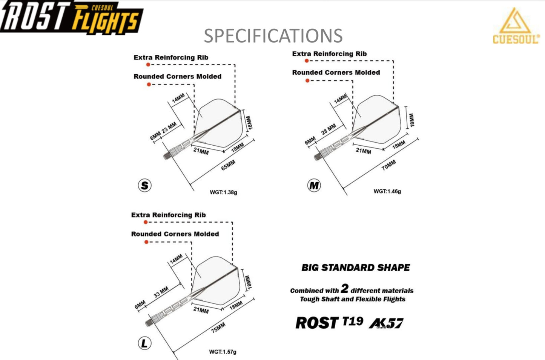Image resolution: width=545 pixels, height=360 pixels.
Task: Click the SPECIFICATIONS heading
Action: pos(273,36)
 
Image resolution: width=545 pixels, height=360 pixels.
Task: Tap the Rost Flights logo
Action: pos(71,18)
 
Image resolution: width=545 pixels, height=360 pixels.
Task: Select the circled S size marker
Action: pos(144,185)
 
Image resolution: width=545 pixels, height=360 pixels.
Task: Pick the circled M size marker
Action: pos(314,185)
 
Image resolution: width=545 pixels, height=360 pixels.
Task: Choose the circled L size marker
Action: pos(144,343)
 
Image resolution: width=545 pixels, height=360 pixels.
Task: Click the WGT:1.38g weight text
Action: pos(223,192)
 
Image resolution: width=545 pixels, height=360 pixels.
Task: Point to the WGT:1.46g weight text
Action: pos(387,191)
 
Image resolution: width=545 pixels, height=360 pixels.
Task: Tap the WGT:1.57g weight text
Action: pos(223,352)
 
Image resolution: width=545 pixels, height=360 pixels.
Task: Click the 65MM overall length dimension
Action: pos(228,165)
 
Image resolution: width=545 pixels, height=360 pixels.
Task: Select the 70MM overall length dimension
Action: pos(388,165)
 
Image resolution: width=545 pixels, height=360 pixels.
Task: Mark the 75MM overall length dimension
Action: pos(218,327)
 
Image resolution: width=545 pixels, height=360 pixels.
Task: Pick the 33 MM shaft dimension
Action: pos(161,292)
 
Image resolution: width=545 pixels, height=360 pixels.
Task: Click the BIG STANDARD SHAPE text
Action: pos(355,268)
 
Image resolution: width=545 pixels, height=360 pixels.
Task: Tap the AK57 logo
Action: pos(386,323)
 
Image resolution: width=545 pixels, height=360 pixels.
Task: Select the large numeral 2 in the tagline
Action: pos(344,289)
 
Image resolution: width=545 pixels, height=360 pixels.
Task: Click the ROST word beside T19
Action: pos(317,323)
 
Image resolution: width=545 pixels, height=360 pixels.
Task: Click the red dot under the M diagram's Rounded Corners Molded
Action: pos(307,81)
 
